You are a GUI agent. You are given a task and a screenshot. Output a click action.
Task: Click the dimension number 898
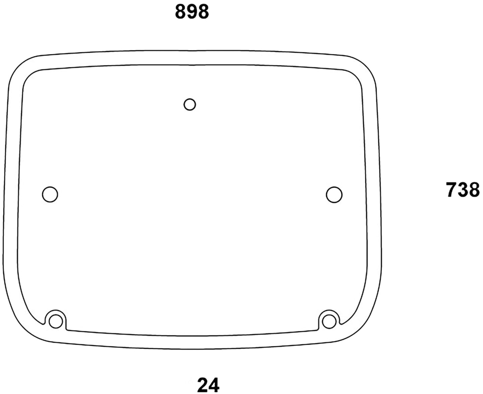tap(192, 12)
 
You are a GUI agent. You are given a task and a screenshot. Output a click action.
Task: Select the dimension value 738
tap(463, 190)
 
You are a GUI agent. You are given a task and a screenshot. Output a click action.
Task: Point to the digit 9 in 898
tap(192, 12)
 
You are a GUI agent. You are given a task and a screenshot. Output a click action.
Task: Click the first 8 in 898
tap(181, 12)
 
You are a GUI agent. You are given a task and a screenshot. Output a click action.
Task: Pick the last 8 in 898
tap(203, 12)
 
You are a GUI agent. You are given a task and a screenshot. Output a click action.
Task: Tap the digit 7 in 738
tap(451, 190)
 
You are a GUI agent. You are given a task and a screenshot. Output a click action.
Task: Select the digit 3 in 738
tap(463, 190)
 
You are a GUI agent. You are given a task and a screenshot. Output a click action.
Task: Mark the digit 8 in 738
tap(474, 190)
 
